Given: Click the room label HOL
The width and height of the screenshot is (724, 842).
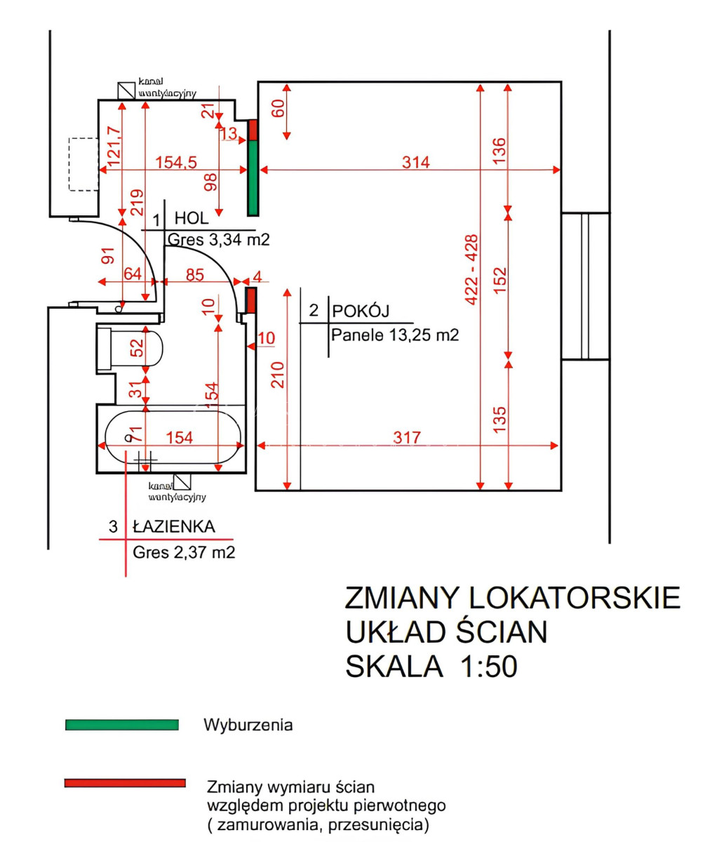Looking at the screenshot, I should (x=192, y=218).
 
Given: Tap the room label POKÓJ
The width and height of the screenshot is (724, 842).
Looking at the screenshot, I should (x=361, y=311).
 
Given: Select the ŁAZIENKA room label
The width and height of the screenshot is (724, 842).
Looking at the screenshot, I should (x=173, y=526).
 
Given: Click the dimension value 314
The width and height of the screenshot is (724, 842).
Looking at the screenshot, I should (x=415, y=163).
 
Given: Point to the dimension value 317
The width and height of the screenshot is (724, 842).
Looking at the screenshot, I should (x=407, y=438).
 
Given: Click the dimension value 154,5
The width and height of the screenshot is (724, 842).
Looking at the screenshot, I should (x=175, y=162).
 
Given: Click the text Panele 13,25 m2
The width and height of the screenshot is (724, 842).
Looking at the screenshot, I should (x=395, y=335).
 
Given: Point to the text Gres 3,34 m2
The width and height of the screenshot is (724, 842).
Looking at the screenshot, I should (x=218, y=240).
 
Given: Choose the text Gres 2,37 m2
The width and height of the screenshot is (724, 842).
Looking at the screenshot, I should (x=184, y=552).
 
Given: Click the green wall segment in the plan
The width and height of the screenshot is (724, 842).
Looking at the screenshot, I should (x=253, y=178).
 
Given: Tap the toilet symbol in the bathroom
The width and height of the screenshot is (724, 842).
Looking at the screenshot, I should (x=132, y=347).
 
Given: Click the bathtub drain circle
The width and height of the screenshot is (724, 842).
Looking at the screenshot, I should (x=128, y=438).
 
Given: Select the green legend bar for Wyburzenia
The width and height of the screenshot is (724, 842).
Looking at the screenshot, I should (x=121, y=725).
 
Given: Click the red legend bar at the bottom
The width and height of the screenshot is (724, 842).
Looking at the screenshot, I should (x=125, y=783).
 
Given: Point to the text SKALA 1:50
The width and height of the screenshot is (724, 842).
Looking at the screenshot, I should (x=431, y=665).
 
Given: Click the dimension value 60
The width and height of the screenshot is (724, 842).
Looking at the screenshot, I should (x=279, y=109).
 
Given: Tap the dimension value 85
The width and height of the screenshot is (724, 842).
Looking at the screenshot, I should (x=194, y=275).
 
